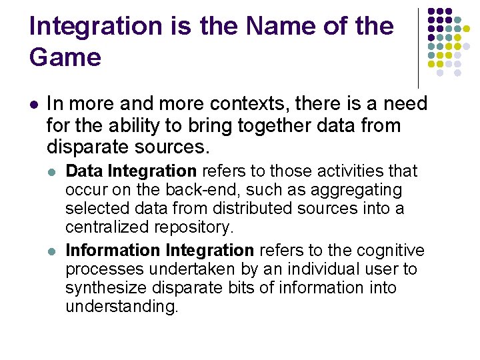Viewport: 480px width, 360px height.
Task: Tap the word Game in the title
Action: tap(65, 57)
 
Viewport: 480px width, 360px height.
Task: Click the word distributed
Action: tap(217, 208)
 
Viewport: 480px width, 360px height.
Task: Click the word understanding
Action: tap(122, 307)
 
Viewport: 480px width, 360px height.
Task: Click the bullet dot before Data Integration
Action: tap(53, 171)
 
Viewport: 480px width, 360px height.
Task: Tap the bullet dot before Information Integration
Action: tap(53, 251)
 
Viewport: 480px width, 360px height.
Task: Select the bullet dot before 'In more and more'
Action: tap(35, 104)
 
